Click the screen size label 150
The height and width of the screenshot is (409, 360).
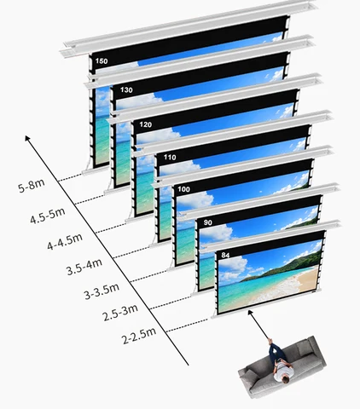point(102,61)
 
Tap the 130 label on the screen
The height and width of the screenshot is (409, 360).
point(126,90)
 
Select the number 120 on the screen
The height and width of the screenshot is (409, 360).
point(145,124)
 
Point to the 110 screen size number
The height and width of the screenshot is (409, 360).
point(170,157)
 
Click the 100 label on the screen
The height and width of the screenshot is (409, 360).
point(183,189)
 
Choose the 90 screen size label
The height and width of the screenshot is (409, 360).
point(208,222)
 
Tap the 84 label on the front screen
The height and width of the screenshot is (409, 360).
point(225,255)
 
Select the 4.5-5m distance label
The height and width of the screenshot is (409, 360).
point(48,216)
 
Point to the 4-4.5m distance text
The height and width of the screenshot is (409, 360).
point(65,242)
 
